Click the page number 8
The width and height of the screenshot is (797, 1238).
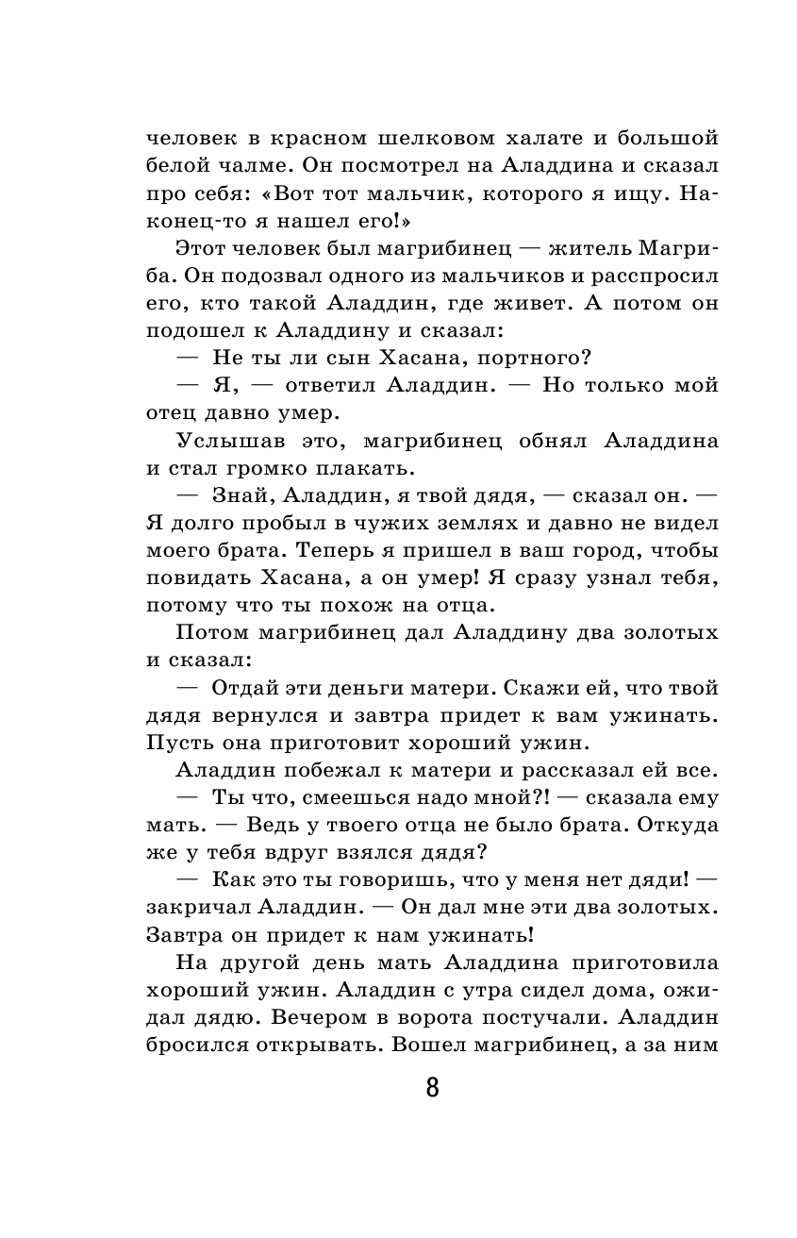(x=432, y=1088)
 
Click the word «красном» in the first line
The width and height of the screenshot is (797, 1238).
(x=317, y=139)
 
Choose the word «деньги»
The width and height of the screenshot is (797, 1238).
(x=410, y=687)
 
